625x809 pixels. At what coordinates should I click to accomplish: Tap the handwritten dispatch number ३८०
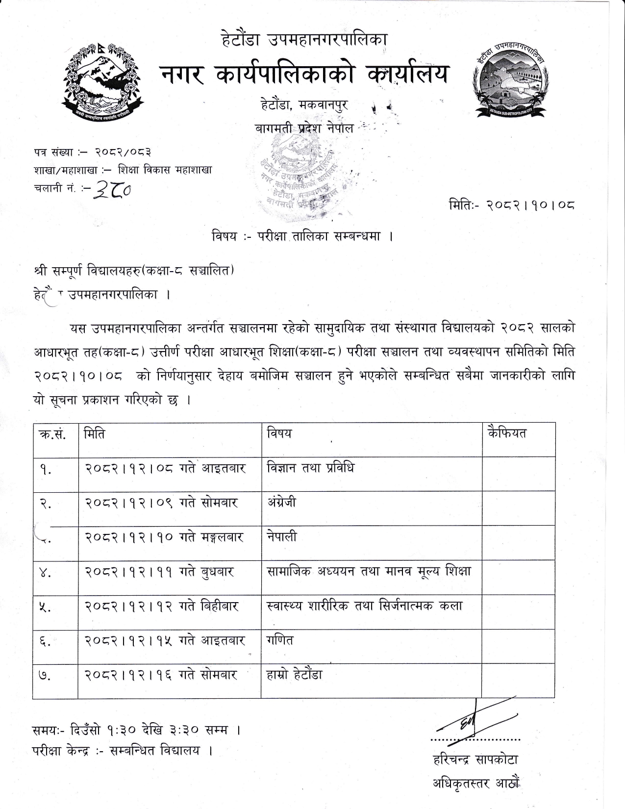point(116,187)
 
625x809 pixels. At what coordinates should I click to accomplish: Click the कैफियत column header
point(507,433)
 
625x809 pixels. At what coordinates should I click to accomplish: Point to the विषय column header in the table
point(279,433)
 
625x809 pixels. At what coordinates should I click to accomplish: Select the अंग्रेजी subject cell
point(281,503)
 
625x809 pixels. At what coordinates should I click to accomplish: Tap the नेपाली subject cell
point(282,537)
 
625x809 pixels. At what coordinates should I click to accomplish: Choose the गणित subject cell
point(280,640)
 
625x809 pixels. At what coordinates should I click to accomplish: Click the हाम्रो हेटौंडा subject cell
point(295,675)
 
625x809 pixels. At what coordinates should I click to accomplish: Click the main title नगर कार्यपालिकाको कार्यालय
point(304,75)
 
